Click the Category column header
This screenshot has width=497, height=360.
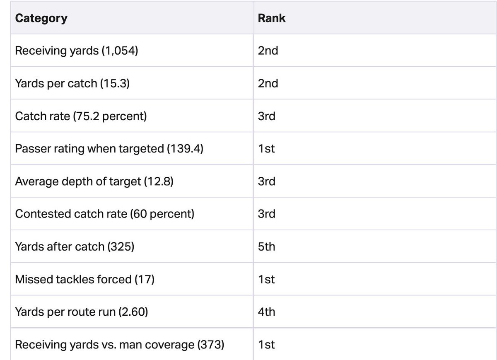click(x=41, y=19)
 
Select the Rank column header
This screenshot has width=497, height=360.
click(x=271, y=19)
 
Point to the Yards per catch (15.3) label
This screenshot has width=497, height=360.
click(x=72, y=84)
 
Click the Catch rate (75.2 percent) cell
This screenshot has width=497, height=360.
click(x=81, y=116)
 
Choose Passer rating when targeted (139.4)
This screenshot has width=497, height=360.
click(x=109, y=149)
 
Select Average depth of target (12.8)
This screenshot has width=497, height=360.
click(x=94, y=181)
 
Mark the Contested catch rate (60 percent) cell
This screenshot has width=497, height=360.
click(x=104, y=214)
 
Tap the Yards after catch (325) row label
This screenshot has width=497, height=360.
click(x=75, y=247)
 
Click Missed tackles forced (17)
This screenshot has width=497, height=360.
click(x=84, y=280)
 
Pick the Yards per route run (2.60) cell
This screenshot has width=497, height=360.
click(x=81, y=312)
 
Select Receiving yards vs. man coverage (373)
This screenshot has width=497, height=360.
click(x=119, y=345)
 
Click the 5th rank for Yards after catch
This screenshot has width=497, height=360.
click(x=266, y=247)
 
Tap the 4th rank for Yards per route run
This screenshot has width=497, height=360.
click(x=266, y=312)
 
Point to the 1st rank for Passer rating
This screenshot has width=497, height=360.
click(x=266, y=149)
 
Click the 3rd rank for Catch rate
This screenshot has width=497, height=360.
click(x=266, y=116)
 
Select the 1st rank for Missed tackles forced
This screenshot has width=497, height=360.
click(x=266, y=280)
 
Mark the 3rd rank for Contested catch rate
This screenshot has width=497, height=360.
click(x=266, y=214)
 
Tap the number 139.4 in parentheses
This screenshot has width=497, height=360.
click(x=185, y=149)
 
